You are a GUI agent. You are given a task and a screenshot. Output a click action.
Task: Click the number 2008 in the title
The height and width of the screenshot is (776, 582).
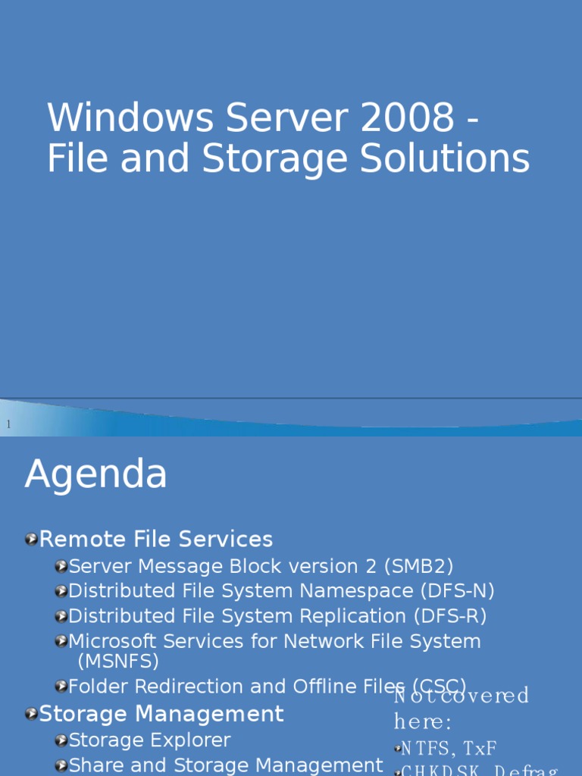[x=412, y=118]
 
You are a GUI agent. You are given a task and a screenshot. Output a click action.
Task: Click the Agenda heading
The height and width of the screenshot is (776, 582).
[x=95, y=475]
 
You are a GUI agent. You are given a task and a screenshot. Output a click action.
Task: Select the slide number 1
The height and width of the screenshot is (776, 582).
[x=9, y=424]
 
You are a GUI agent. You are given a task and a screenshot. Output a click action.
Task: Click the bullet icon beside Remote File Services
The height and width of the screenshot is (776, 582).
[x=31, y=540]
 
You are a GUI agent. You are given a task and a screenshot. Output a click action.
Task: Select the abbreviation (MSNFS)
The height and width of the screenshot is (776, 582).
[x=118, y=661]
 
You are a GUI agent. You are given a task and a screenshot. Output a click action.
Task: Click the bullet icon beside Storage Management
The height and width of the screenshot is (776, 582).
[x=31, y=714]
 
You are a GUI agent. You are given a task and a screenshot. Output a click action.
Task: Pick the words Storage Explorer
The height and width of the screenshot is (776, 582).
[x=149, y=740]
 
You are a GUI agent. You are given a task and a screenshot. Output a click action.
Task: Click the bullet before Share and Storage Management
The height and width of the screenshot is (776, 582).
[x=61, y=766]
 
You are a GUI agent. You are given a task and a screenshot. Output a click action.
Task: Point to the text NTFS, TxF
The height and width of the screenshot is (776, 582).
[x=448, y=749]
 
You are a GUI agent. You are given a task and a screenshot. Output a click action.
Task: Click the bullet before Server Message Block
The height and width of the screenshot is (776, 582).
[x=61, y=567]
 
